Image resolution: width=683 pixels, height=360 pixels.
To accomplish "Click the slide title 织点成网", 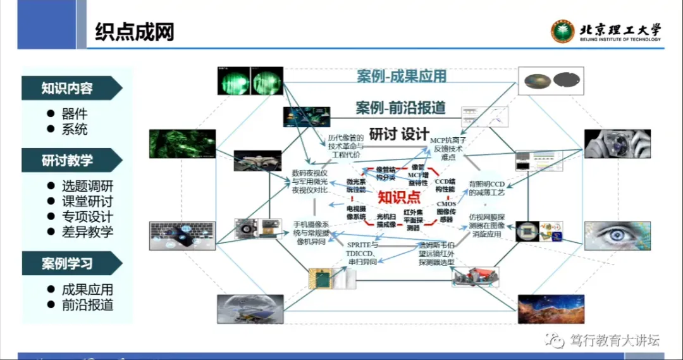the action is pos(134,32).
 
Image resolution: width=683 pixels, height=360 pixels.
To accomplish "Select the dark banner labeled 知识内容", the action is pos(68,88).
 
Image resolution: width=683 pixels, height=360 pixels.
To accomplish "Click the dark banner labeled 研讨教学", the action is pos(68,161).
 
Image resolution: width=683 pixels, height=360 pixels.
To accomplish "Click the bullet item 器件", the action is pos(75,115).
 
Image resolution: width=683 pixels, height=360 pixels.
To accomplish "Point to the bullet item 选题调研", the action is pos(87,187).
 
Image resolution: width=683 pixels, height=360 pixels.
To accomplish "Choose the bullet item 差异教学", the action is pos(87,232).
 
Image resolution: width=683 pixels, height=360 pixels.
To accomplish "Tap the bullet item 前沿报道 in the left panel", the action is pos(87,304).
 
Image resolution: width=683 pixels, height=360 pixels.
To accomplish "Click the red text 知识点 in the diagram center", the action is pos(399,197).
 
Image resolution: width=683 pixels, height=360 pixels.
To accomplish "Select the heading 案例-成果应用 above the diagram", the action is pos(401,77).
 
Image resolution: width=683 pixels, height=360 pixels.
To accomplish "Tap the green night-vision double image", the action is pos(250,82).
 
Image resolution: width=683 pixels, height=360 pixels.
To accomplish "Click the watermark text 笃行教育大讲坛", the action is pos(614,340).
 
